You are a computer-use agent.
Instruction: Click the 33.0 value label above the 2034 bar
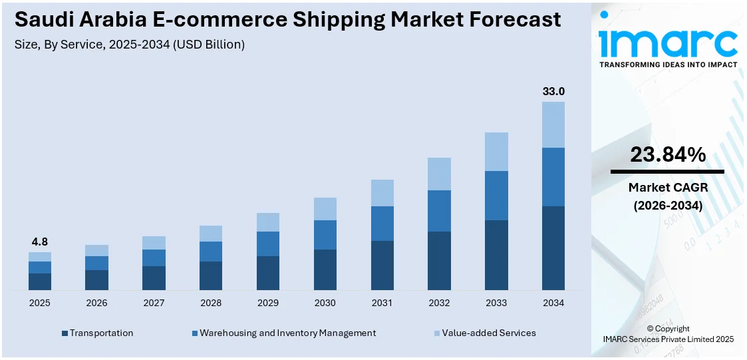(553, 91)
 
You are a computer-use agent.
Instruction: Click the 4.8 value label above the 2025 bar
(40, 242)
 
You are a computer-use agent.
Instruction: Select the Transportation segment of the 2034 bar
(553, 248)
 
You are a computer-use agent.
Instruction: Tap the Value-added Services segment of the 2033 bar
(496, 151)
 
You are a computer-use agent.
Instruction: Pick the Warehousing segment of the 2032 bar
(439, 210)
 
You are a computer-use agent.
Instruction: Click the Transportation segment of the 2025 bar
(40, 281)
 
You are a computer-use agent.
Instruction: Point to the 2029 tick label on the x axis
(268, 303)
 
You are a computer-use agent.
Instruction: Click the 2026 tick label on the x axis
(96, 303)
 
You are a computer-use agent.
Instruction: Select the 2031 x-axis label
(382, 303)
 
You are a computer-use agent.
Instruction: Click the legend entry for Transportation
(100, 333)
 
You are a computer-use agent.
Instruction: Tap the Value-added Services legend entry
(488, 333)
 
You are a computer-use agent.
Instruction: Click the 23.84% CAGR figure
(668, 155)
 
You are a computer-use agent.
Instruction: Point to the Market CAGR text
(668, 188)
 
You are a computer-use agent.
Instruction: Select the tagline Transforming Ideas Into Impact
(668, 65)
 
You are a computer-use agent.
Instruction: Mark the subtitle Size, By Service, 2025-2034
(130, 45)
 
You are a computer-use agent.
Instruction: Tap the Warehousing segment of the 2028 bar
(211, 252)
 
